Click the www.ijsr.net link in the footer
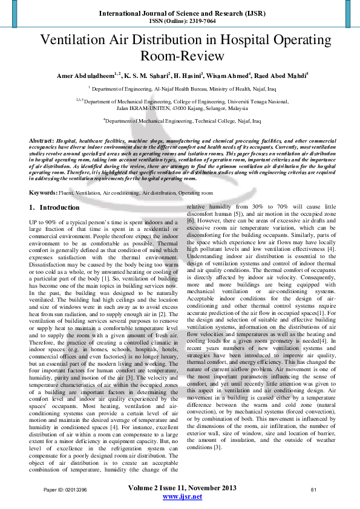click(x=182, y=496)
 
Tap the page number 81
click(x=313, y=489)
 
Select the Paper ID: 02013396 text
click(x=65, y=489)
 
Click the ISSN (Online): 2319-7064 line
click(x=182, y=20)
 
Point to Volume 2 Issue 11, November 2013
click(x=182, y=488)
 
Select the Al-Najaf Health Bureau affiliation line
click(x=182, y=88)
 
